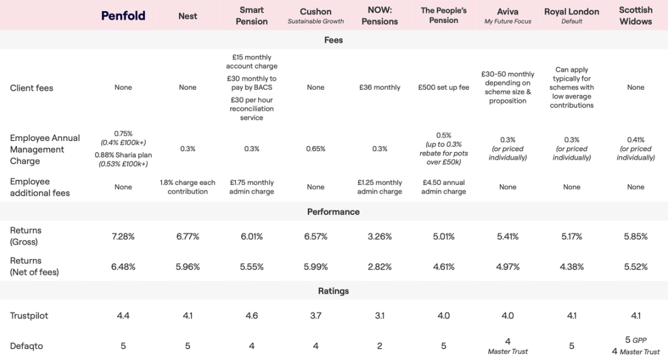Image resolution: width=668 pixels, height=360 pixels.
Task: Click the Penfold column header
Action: point(123,15)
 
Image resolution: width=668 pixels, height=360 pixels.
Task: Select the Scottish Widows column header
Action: point(635,15)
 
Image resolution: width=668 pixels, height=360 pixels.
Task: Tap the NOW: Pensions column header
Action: point(380,16)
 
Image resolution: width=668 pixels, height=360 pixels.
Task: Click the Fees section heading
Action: point(333,40)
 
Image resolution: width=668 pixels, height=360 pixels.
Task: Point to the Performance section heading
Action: point(333,212)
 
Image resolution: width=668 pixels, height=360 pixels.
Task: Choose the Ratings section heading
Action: point(333,291)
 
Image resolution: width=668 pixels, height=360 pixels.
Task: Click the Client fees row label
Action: point(32,88)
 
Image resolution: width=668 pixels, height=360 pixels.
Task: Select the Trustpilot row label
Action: point(29,315)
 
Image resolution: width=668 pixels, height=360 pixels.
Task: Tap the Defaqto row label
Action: point(27,346)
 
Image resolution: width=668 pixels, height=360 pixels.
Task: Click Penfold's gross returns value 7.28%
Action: point(123,236)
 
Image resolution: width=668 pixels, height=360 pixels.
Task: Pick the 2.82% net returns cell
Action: point(380,267)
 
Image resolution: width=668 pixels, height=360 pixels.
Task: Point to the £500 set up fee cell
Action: point(443,87)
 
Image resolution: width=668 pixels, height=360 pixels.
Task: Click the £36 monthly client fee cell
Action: point(380,87)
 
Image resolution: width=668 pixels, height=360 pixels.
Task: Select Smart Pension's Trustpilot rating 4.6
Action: point(252,315)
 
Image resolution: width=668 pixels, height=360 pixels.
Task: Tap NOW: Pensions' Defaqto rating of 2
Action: point(380,346)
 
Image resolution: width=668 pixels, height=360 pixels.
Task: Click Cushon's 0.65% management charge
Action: point(315,148)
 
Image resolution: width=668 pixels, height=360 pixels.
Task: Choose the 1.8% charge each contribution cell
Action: point(187,187)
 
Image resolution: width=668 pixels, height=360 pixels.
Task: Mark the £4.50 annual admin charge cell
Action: point(443,187)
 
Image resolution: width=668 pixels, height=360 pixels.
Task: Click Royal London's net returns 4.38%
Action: point(572,267)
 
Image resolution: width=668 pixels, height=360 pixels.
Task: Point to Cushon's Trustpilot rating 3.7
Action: point(315,315)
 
